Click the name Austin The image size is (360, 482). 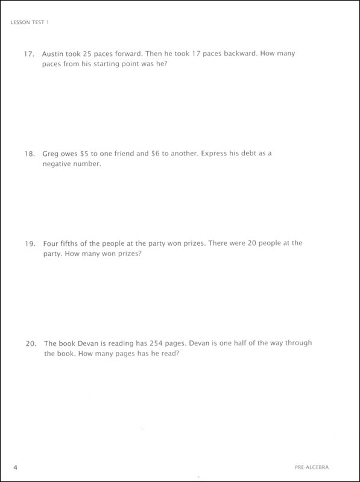(55, 54)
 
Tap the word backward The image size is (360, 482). (244, 54)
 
